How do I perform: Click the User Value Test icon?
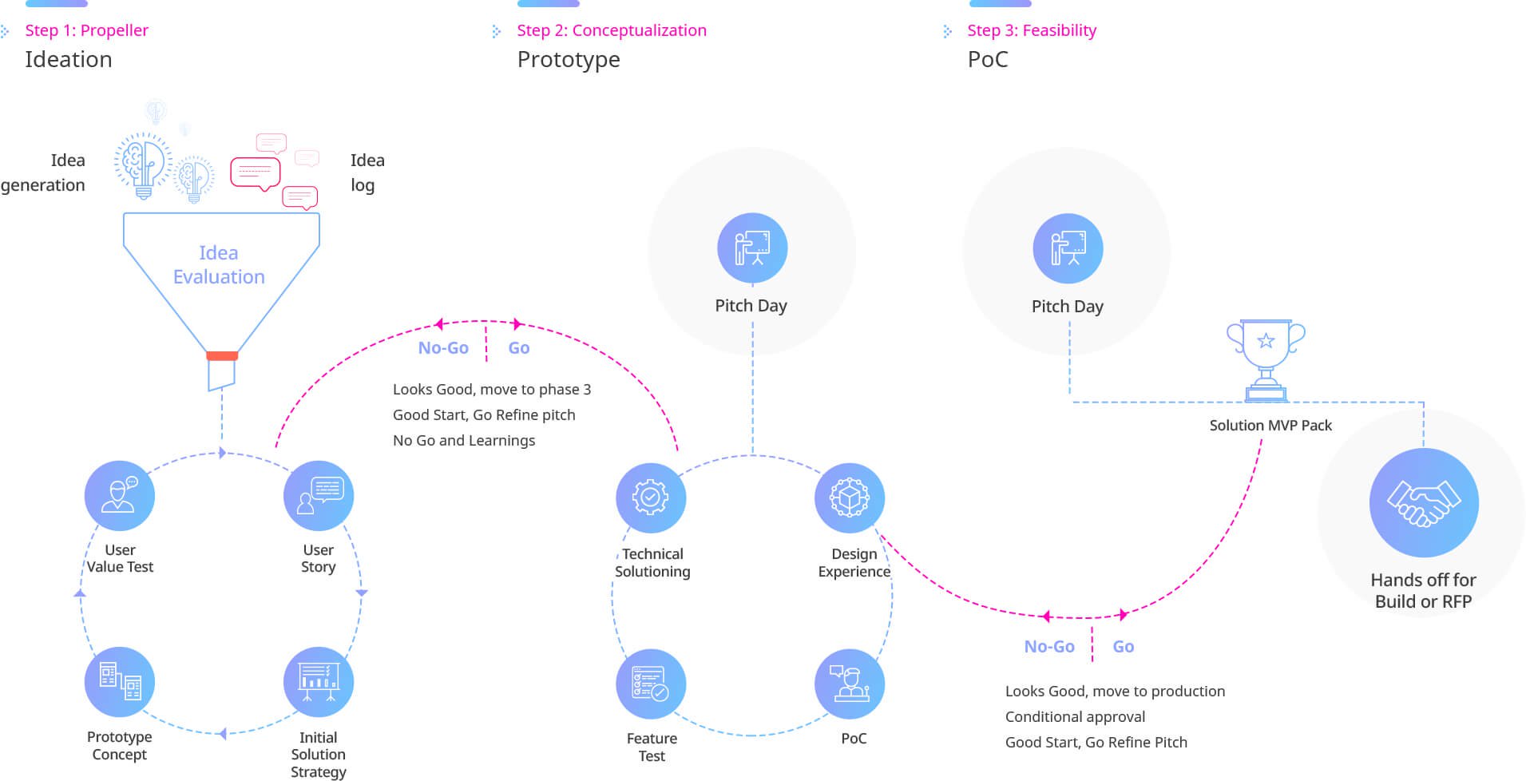point(119,495)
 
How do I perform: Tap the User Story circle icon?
point(319,495)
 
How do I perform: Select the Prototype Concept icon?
point(119,681)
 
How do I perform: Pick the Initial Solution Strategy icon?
point(319,681)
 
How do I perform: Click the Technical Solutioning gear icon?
point(651,498)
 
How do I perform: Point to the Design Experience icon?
point(850,498)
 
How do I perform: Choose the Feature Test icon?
point(651,684)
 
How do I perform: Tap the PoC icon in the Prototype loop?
point(850,684)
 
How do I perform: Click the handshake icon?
point(1424,502)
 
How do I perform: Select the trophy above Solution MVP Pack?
point(1266,360)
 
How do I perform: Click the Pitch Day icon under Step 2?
point(752,248)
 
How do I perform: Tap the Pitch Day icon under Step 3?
point(1068,248)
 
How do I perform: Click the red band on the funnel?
point(222,355)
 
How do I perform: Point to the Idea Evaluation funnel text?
point(219,264)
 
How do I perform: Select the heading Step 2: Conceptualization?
point(612,30)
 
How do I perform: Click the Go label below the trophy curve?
point(1124,646)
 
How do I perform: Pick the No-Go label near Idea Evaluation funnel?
point(443,347)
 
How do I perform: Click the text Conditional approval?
point(1075,717)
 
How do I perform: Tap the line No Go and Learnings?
point(464,440)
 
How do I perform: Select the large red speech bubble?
point(256,173)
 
